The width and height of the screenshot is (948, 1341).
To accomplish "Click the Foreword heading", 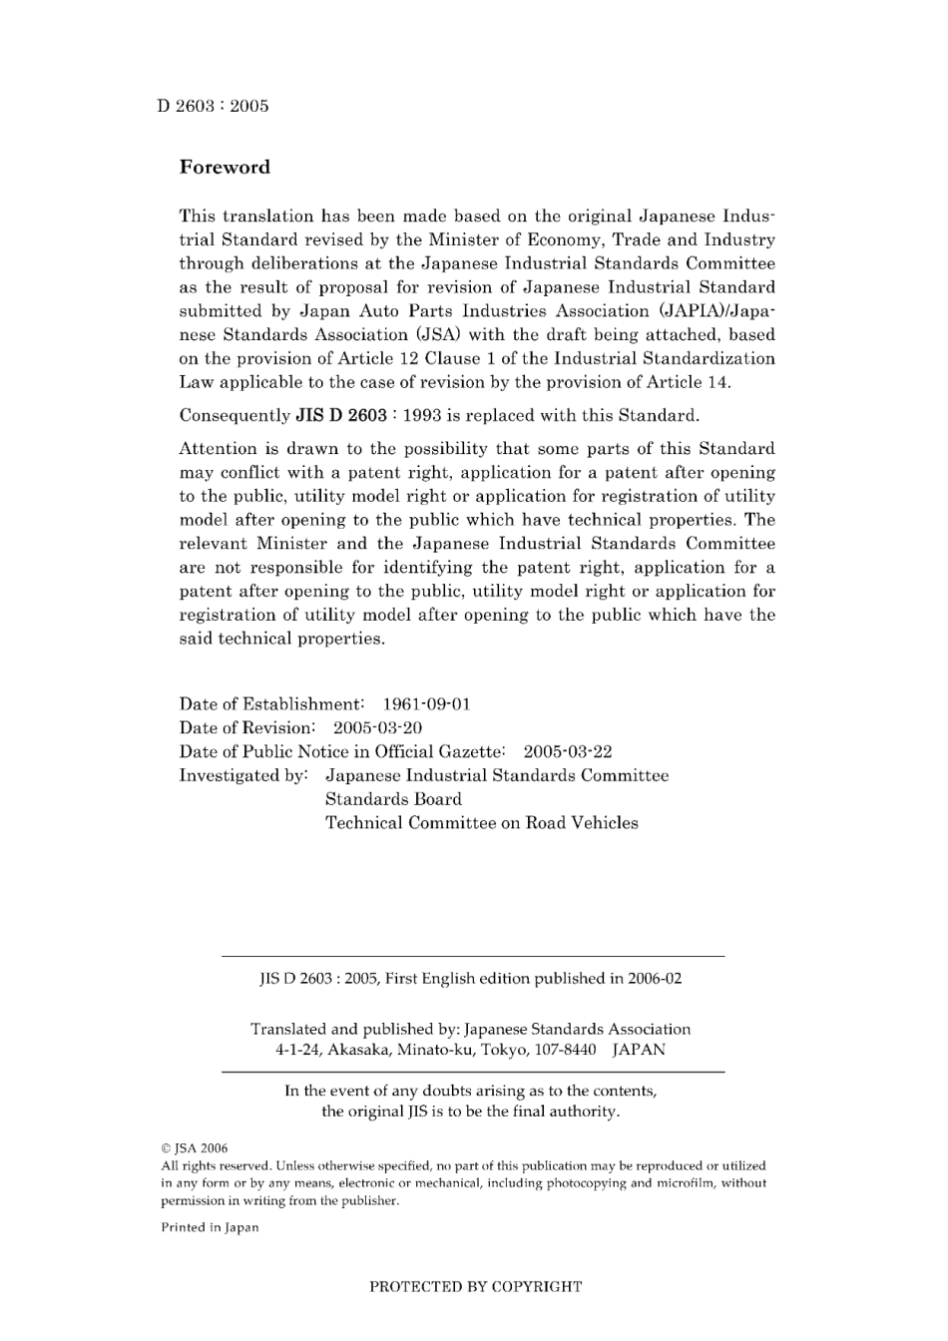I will click(x=225, y=168).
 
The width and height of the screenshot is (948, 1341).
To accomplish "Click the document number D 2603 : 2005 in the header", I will click(x=213, y=106).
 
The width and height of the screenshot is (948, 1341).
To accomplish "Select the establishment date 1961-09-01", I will click(x=426, y=704).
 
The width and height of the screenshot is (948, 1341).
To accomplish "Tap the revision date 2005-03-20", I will click(x=377, y=728).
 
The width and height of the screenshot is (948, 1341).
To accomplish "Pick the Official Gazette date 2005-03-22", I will click(x=568, y=752).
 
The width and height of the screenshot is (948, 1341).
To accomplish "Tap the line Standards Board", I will click(x=393, y=799).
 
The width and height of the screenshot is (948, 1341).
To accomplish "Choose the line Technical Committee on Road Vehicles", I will click(x=481, y=823).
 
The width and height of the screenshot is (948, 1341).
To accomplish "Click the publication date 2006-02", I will click(x=655, y=979).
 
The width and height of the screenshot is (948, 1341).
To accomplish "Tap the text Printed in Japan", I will click(x=210, y=1227).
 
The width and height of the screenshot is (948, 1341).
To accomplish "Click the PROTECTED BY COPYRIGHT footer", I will click(x=475, y=1287).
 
